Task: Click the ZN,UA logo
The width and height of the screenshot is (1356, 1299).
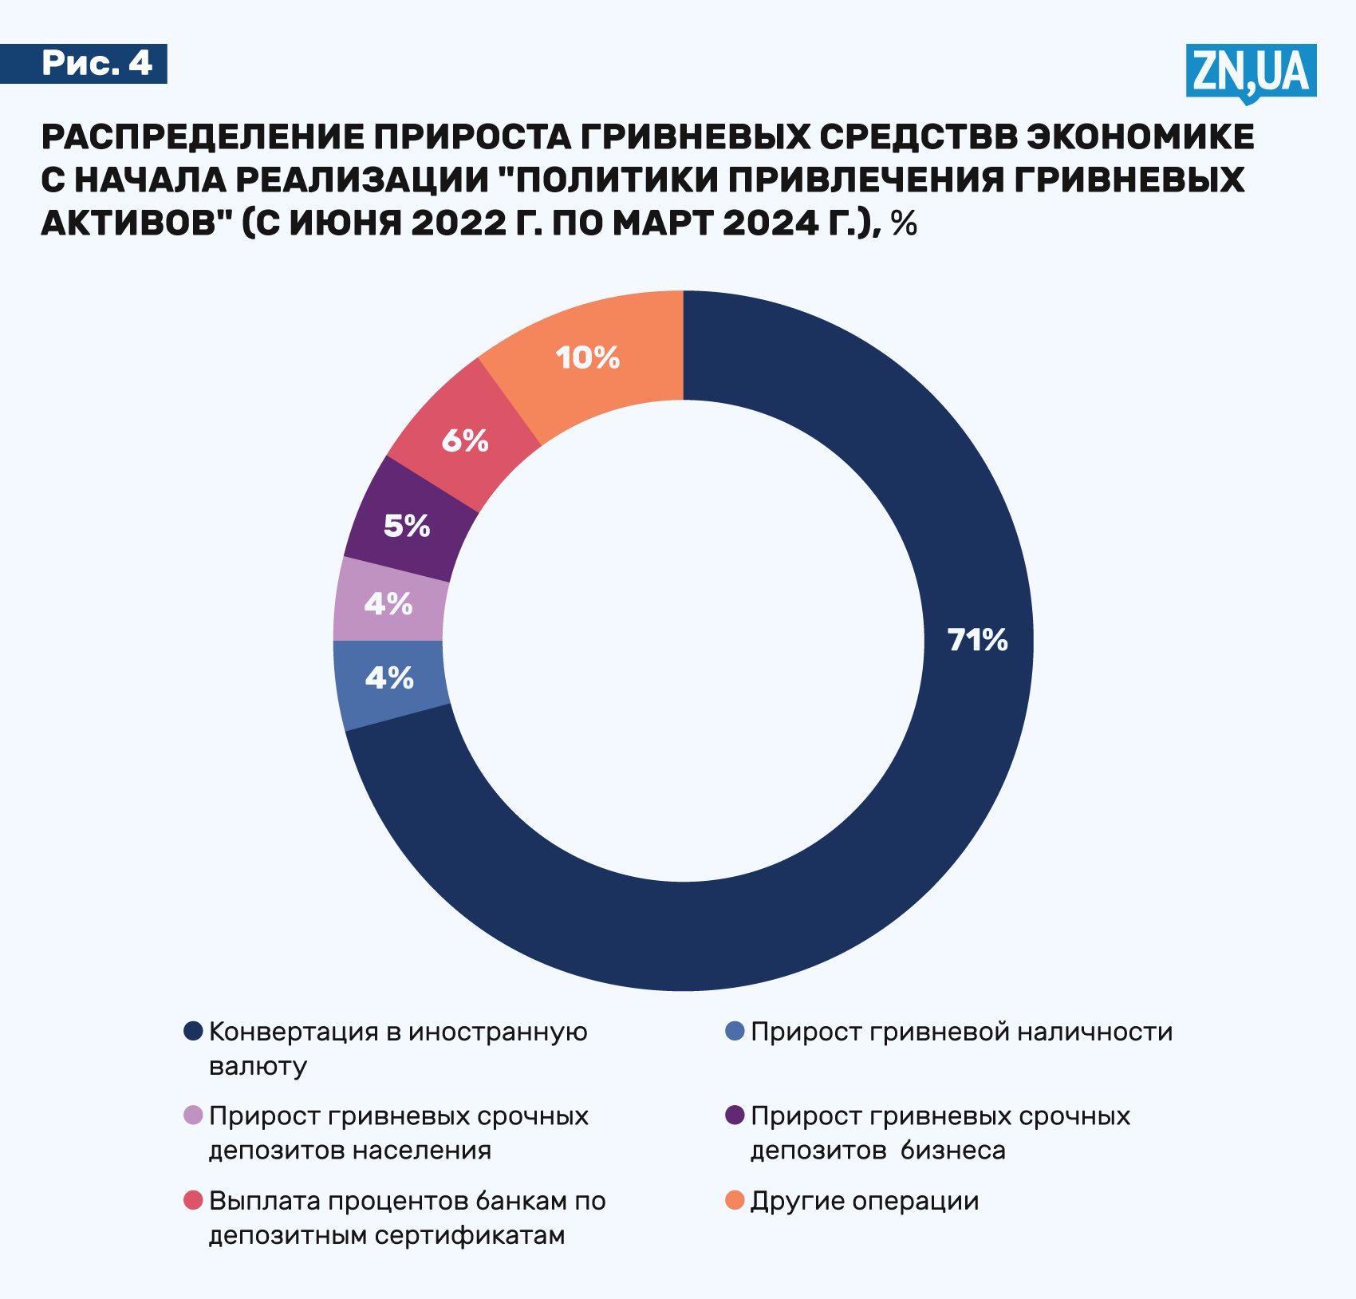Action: tap(1250, 72)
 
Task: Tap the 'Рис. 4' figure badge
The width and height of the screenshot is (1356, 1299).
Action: tap(96, 63)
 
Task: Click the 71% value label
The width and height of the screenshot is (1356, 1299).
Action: tap(977, 640)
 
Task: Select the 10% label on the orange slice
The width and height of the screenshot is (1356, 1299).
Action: tap(588, 357)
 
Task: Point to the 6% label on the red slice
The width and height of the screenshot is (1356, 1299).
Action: tap(465, 440)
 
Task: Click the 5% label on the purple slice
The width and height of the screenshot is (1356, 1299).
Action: tap(407, 526)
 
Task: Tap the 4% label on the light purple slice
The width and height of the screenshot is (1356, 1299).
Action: tap(388, 604)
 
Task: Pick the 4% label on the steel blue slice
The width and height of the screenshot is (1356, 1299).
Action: tap(389, 678)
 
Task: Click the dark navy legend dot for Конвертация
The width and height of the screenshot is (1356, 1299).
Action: tap(193, 1031)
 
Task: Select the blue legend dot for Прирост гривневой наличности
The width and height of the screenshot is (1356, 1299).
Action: tap(735, 1031)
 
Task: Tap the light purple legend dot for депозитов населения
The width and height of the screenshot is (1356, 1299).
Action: tap(193, 1115)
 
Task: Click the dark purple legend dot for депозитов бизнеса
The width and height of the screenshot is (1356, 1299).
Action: tap(735, 1115)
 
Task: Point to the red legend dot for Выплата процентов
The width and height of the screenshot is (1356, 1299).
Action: tap(193, 1199)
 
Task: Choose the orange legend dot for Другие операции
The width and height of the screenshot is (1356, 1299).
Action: tap(735, 1199)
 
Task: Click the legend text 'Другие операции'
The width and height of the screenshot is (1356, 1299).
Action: tap(865, 1201)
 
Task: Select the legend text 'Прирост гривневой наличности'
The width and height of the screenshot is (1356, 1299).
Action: tap(962, 1032)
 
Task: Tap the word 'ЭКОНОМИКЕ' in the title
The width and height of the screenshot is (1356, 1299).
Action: tap(1140, 137)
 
